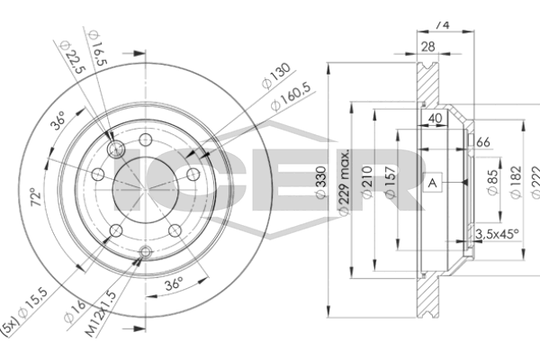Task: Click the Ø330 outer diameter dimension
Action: pyautogui.click(x=319, y=180)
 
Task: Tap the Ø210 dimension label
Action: pyautogui.click(x=367, y=180)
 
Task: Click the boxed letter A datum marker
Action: pyautogui.click(x=433, y=184)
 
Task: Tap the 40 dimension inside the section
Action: pyautogui.click(x=436, y=116)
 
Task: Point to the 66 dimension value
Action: pyautogui.click(x=482, y=142)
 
